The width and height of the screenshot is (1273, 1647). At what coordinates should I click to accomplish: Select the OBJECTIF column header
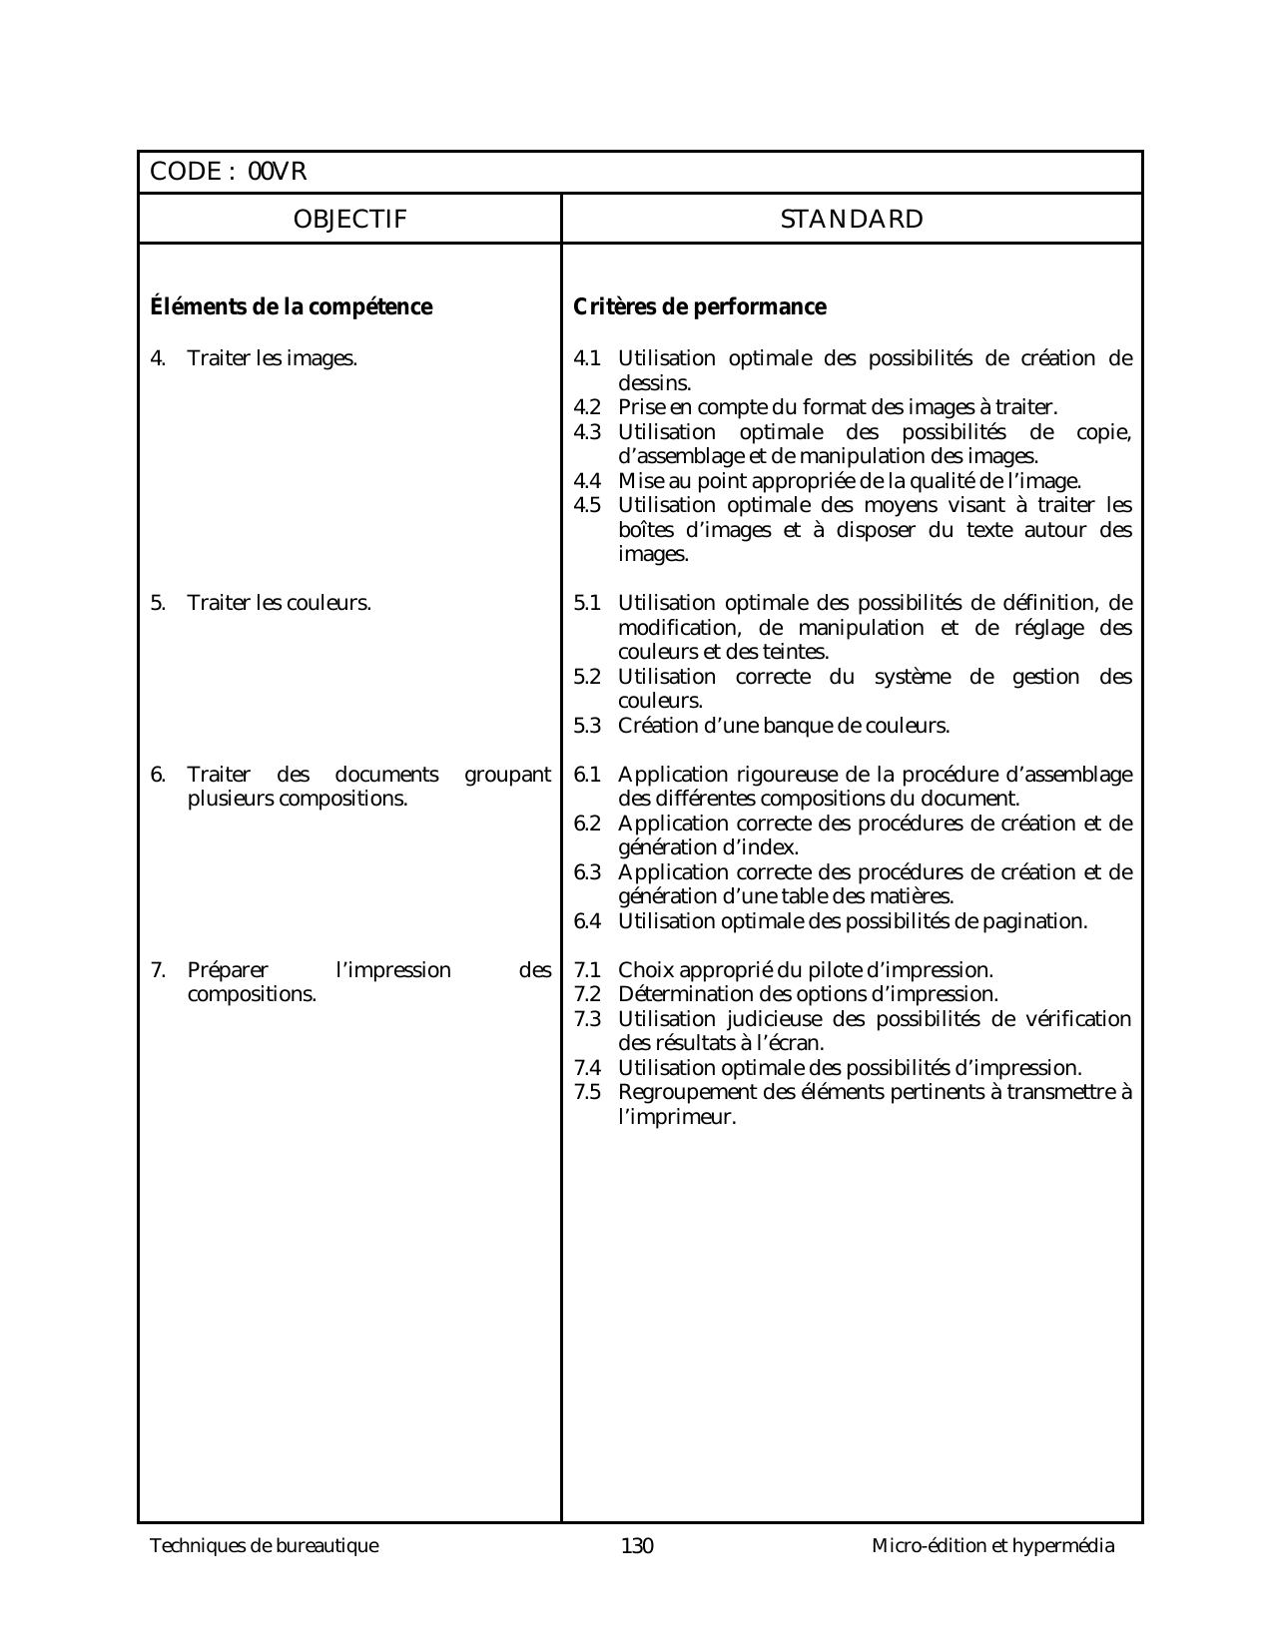(349, 220)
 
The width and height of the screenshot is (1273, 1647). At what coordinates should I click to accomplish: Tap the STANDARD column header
(852, 220)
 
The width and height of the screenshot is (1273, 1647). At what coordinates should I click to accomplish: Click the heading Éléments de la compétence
(291, 307)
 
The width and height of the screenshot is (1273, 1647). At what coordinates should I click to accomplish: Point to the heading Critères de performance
(700, 307)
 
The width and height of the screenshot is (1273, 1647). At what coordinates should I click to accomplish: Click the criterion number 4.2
(587, 407)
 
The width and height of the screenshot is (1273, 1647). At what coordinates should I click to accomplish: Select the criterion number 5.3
(587, 726)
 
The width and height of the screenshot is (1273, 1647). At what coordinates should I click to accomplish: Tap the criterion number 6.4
(587, 921)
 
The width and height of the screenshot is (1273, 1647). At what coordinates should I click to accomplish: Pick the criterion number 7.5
(587, 1092)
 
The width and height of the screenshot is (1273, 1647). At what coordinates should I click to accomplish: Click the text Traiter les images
(272, 358)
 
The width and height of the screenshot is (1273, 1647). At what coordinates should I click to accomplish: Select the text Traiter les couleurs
(279, 603)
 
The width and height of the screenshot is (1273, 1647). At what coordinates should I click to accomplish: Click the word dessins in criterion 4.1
(654, 383)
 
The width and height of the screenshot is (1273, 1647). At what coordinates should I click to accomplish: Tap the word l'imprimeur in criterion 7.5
(677, 1117)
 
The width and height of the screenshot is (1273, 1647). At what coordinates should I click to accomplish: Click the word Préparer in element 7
(228, 970)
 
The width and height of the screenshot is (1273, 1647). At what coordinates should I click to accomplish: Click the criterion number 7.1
(587, 970)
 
